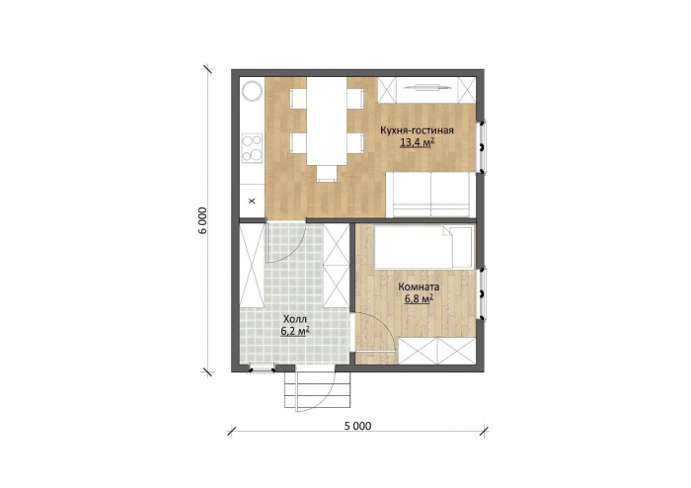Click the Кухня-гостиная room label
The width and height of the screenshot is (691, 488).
[x=417, y=130]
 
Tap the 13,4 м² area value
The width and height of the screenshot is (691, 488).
[x=417, y=142]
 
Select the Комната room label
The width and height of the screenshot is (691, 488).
[x=419, y=287]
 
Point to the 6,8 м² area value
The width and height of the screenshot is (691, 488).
[x=419, y=299]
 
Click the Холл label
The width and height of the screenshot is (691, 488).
[x=294, y=319]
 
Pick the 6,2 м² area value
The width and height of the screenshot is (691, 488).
[x=294, y=331]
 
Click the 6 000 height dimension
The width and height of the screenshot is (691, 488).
[x=203, y=220]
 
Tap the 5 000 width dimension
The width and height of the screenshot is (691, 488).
[x=357, y=426]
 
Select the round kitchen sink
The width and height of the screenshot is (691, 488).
[x=253, y=91]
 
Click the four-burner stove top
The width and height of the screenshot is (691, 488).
[x=251, y=147]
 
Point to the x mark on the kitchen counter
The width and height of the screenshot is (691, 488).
[x=252, y=202]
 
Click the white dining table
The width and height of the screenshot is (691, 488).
[x=327, y=122]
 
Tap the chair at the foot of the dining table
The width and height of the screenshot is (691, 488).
[x=327, y=173]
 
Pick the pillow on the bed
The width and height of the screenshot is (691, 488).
[x=458, y=246]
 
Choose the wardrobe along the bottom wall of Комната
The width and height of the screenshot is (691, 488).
[x=437, y=351]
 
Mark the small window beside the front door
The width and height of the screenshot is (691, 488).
[x=263, y=368]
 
